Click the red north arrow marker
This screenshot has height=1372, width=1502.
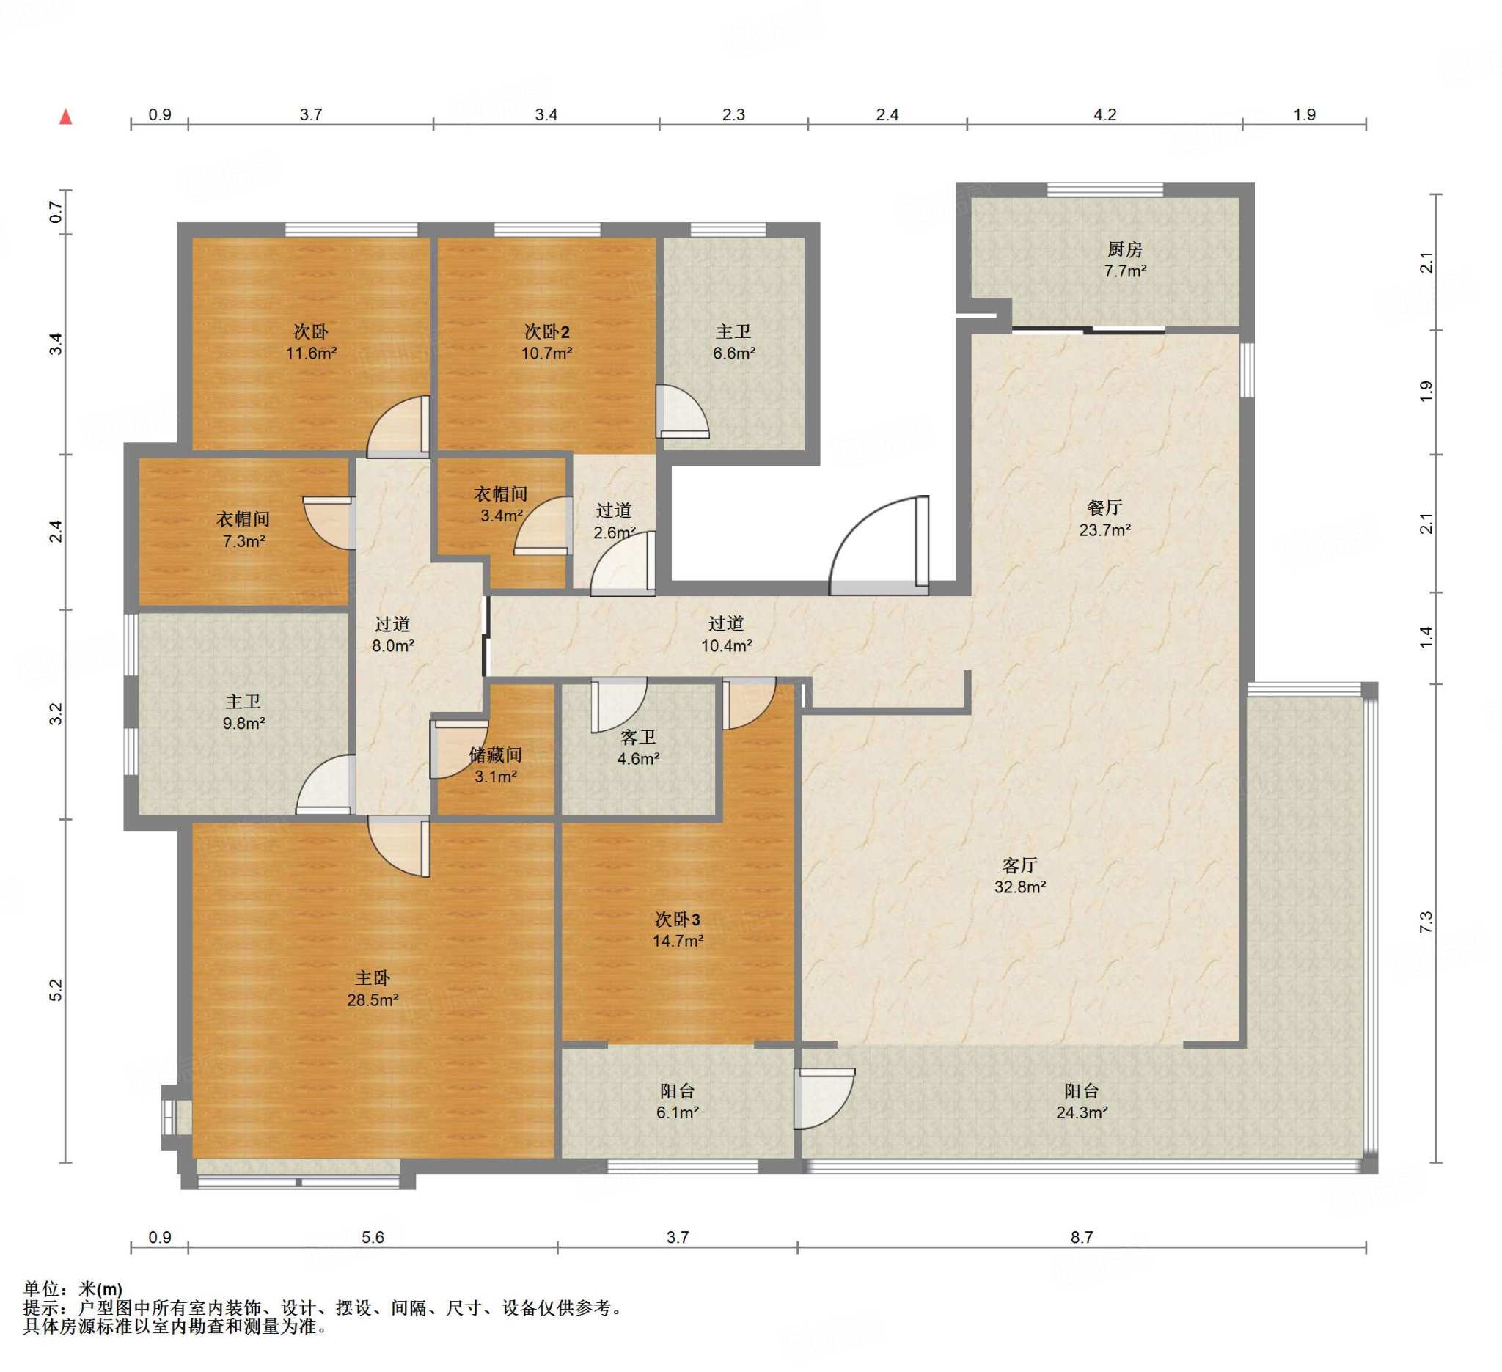coord(65,116)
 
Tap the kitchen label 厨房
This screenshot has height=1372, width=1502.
coord(1124,249)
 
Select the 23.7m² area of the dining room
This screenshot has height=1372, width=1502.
coord(1105,529)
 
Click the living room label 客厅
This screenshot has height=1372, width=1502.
coord(1020,865)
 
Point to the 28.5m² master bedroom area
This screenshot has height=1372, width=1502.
coord(373,999)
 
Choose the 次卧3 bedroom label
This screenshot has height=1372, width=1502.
coord(677,919)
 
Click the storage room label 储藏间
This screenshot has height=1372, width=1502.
coord(496,755)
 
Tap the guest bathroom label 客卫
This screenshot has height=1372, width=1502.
coord(639,737)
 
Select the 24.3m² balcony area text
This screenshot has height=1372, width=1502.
coord(1082,1112)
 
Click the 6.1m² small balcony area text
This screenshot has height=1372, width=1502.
coord(677,1112)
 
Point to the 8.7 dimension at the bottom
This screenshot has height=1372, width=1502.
coord(1082,1237)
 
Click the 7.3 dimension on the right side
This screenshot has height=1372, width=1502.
coord(1425,923)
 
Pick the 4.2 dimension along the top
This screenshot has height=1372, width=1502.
coord(1105,114)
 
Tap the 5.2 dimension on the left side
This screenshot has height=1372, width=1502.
coord(56,990)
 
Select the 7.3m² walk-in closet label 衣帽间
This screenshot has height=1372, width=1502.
coord(243,519)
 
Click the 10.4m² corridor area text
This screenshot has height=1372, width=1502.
coord(726,645)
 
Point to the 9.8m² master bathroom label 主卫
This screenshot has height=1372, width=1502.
coord(243,702)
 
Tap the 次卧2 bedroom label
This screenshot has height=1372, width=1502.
coord(547,331)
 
